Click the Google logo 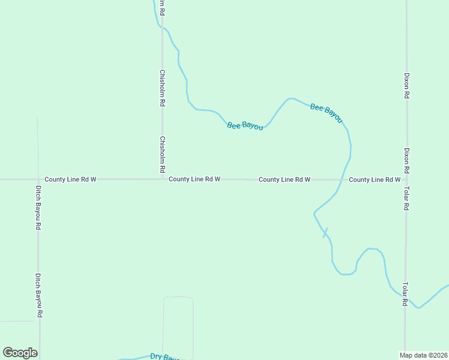[x=20, y=353]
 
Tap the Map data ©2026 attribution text [x=423, y=355]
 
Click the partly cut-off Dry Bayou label [x=164, y=356]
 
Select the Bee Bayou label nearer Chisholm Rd [x=245, y=125]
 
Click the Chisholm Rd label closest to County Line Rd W [x=162, y=155]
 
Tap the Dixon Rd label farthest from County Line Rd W [x=406, y=86]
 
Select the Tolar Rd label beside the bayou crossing [x=405, y=294]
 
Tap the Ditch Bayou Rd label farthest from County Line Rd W [x=38, y=295]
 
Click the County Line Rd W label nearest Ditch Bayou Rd [x=70, y=179]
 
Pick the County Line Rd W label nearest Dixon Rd [x=374, y=179]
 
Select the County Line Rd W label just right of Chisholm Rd [x=194, y=179]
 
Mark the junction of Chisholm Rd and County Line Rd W [x=162, y=179]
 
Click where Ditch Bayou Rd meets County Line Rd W [x=37, y=179]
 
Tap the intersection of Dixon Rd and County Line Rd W [x=406, y=179]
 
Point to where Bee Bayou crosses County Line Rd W [x=343, y=179]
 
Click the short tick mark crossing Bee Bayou [x=326, y=232]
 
